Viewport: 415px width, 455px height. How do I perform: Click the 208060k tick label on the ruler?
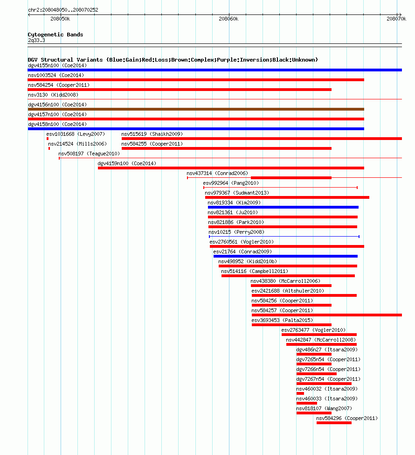[228, 19]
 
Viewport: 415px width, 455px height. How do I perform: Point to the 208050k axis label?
[60, 19]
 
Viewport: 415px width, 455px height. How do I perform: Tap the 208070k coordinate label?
[396, 19]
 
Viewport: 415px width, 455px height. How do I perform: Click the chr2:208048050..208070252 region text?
[63, 10]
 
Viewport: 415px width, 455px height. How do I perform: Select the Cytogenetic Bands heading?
[55, 35]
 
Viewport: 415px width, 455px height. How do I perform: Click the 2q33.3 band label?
[36, 40]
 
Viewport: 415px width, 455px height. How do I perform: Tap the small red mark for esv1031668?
[48, 139]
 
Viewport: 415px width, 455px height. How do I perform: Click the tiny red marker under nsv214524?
[49, 148]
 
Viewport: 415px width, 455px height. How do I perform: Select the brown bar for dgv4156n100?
[196, 109]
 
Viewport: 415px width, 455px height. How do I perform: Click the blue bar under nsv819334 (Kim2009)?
[284, 207]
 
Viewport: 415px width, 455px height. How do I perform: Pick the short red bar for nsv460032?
[300, 393]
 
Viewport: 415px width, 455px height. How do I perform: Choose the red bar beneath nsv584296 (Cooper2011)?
[334, 423]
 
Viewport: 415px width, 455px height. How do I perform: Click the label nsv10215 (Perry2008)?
[237, 232]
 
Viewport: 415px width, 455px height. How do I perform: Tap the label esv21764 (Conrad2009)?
[242, 252]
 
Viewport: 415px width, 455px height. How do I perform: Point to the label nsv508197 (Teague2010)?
[89, 154]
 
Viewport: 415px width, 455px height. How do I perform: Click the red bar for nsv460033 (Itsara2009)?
[307, 403]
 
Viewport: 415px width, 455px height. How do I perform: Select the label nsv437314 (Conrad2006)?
[217, 173]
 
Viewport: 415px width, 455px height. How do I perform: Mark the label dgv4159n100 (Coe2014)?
[127, 163]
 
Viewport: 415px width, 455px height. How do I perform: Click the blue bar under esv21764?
[286, 256]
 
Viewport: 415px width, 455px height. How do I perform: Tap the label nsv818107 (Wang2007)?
[324, 408]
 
